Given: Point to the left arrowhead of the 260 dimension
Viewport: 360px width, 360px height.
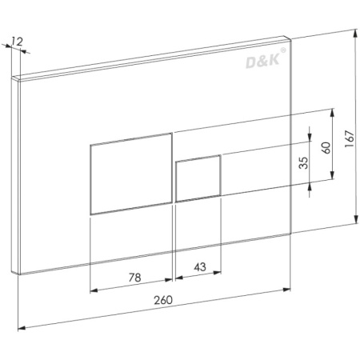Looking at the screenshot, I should click(x=20, y=326).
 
